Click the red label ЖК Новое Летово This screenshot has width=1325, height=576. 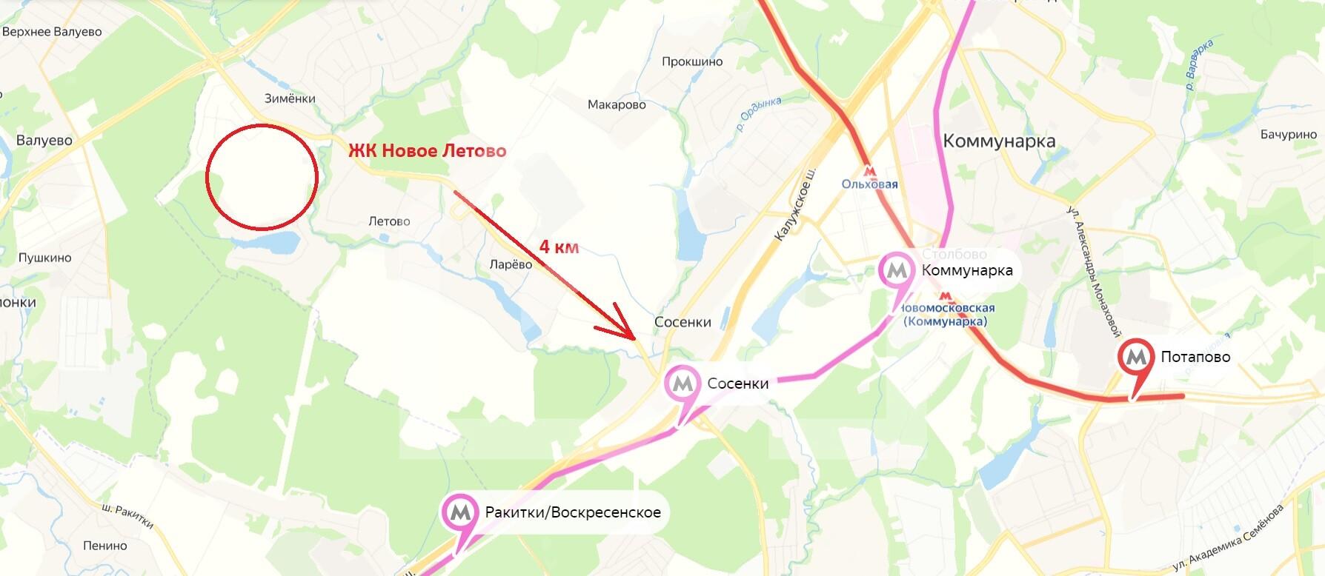click(428, 151)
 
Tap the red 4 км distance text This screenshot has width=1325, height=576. click(559, 247)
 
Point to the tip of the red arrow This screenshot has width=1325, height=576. click(634, 338)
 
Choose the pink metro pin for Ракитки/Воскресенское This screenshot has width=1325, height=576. click(459, 512)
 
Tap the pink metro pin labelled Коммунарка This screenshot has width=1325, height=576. click(897, 270)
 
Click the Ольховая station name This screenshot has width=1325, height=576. click(869, 184)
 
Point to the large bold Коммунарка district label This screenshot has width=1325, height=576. click(999, 141)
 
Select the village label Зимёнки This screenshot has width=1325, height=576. click(290, 98)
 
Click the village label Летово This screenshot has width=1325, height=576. click(389, 221)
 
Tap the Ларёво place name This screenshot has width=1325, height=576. click(511, 265)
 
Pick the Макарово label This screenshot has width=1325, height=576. click(617, 105)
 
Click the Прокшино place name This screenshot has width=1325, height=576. click(691, 62)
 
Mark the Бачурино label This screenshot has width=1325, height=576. click(1288, 135)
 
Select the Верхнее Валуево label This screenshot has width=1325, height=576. click(52, 33)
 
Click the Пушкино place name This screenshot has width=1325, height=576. click(44, 258)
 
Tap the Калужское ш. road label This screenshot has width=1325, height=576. click(794, 207)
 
